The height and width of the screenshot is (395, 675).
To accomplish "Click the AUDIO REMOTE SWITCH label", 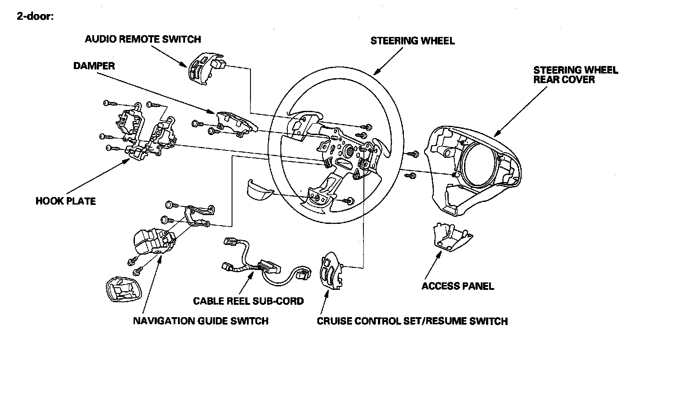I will pos(143,39).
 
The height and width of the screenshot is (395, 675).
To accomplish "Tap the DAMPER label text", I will pos(94,66).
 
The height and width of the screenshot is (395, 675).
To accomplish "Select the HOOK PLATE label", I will pos(65,201).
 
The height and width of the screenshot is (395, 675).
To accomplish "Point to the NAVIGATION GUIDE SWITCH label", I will pos(200,321).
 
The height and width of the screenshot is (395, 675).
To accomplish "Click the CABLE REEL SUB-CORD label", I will pos(248,301).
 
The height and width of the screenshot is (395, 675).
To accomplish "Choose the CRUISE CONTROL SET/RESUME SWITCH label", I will pos(412,321).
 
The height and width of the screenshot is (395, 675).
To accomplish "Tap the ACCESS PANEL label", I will pos(457,286).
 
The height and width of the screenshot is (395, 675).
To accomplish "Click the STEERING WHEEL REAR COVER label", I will pos(575,75).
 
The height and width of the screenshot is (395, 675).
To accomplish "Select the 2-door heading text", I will pos(35,17).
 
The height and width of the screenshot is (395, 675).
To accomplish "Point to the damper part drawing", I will pos(235,121).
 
